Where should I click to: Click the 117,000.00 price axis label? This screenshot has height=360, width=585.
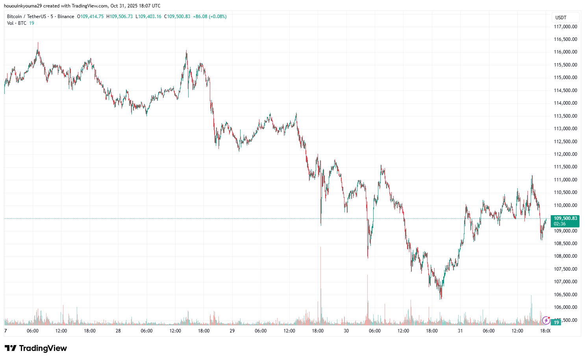[565, 27]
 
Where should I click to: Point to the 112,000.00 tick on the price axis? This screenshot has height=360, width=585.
[565, 154]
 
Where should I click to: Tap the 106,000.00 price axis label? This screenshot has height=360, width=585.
[565, 307]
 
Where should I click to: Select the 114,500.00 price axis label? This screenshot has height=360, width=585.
[565, 90]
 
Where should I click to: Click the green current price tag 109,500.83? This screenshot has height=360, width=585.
[565, 218]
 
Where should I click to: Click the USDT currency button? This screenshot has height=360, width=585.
[561, 17]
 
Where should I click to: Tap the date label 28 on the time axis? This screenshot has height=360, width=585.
[118, 331]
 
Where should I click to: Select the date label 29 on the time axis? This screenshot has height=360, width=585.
[232, 331]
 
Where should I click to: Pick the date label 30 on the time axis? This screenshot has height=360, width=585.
[346, 331]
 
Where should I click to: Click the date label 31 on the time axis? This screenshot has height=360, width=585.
[460, 331]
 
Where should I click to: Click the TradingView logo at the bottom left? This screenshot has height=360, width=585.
[36, 348]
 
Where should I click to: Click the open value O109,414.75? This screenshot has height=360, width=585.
[90, 17]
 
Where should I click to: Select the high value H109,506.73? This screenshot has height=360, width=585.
[120, 17]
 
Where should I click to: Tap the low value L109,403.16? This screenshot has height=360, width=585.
[148, 17]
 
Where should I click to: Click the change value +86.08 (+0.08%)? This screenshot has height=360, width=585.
[210, 17]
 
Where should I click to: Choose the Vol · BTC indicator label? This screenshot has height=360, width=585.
[17, 23]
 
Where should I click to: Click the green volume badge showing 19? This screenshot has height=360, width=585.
[557, 323]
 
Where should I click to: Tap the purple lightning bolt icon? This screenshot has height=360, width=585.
[546, 320]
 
